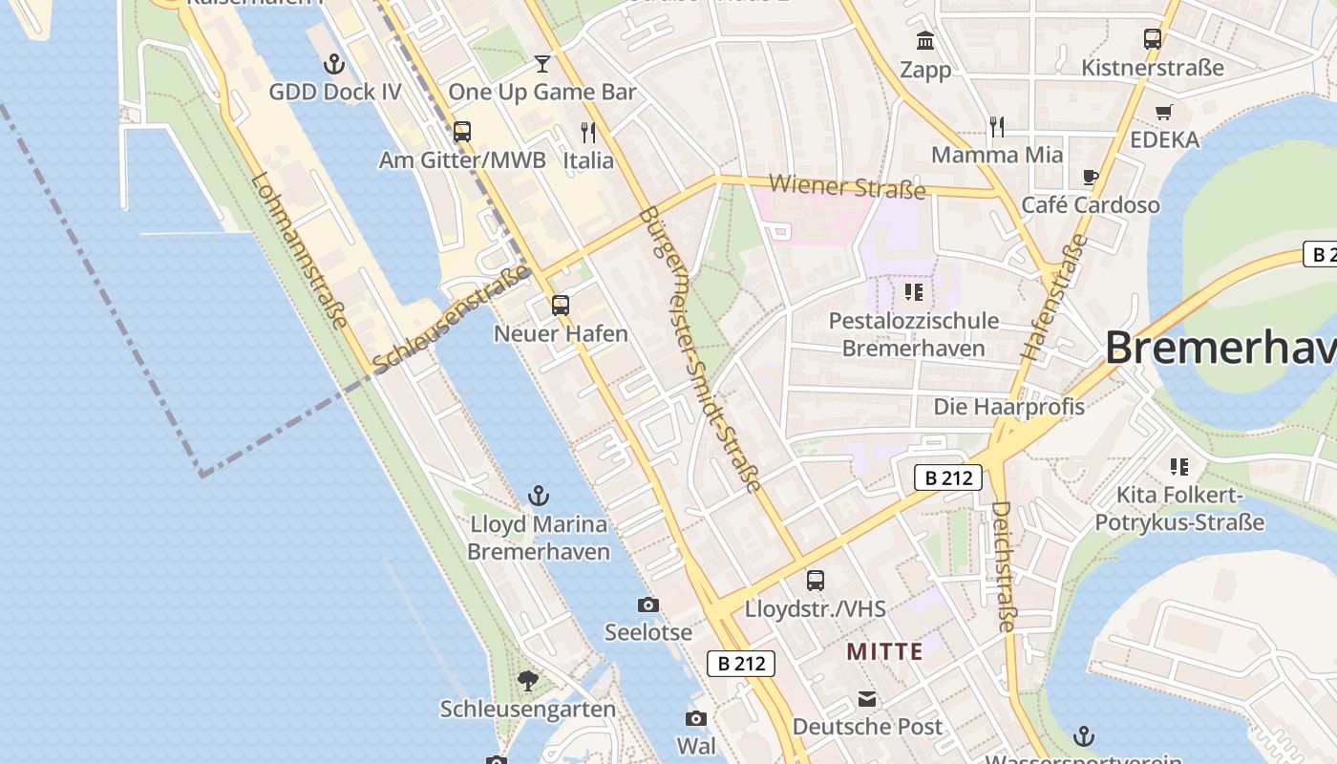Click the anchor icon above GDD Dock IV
pos(334,64)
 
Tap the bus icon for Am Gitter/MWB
pos(462,132)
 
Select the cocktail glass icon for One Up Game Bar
pos(542,64)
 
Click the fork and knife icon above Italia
pos(588,132)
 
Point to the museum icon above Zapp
pos(925,41)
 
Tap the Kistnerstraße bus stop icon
pos(1153,39)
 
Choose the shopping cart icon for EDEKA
pos(1163,112)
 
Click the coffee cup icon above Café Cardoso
pos(1091,177)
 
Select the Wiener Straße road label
pos(847,186)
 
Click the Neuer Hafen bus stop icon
pos(561,306)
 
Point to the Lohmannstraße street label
pos(299,250)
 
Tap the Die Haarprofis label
pos(1008,407)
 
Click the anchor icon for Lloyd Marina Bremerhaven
pos(539,496)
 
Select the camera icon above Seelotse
pos(648,605)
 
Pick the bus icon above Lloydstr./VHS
pos(816,580)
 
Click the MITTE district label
pos(885,652)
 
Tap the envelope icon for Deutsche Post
pos(867,699)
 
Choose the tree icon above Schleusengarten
pos(527,681)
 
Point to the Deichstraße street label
pos(1003,567)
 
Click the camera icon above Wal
pos(696,718)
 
